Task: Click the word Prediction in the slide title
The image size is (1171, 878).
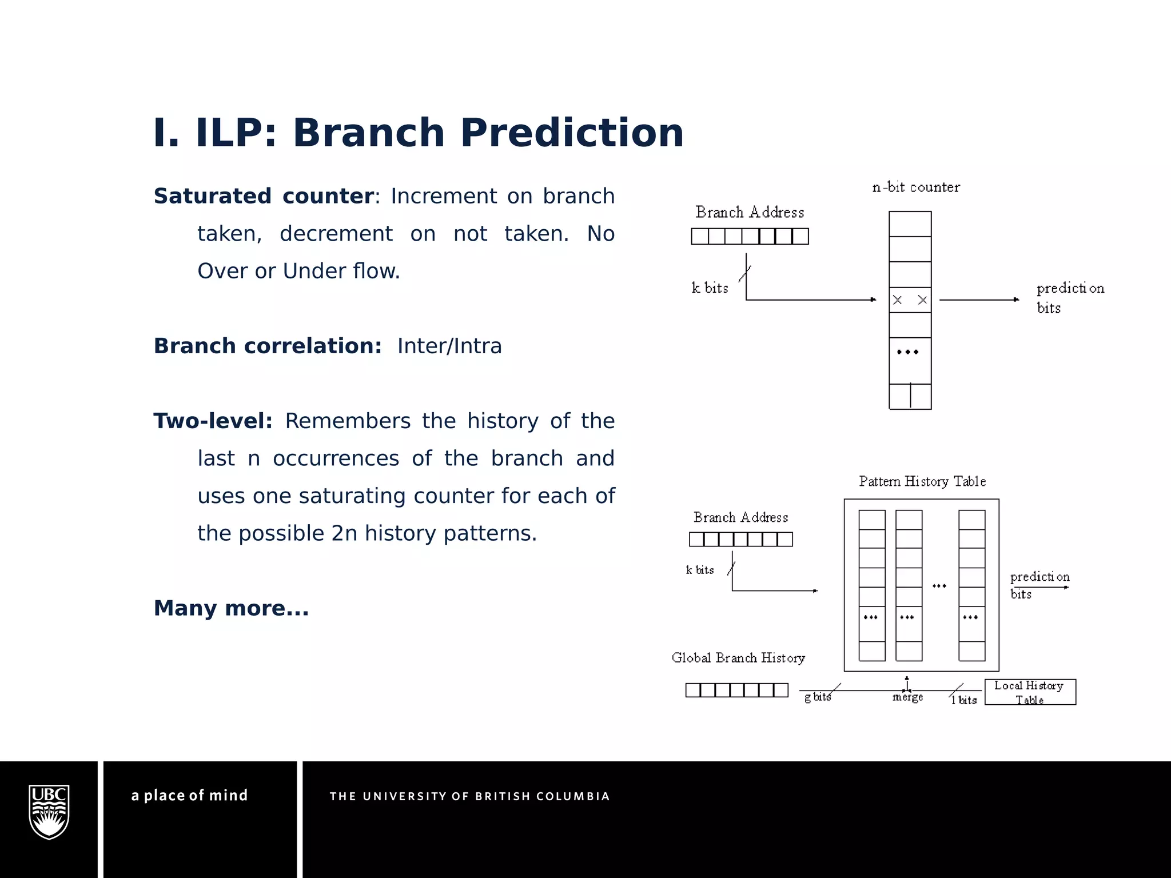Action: [x=572, y=133]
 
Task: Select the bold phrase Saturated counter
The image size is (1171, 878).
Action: [x=264, y=196]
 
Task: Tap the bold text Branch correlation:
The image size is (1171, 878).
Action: [x=268, y=346]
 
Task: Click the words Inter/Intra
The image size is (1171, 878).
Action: [x=449, y=346]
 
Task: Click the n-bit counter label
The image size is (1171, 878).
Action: [x=916, y=187]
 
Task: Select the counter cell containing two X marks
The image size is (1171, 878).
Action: [x=910, y=300]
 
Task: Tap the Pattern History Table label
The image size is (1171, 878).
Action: [x=922, y=481]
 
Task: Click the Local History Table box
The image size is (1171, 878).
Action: [x=1030, y=692]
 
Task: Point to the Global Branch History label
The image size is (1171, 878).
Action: [x=738, y=658]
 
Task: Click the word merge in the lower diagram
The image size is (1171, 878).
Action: [x=907, y=697]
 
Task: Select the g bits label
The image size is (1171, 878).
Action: [x=817, y=697]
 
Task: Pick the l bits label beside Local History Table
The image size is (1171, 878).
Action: [x=964, y=700]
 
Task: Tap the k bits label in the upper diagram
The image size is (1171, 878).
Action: [x=710, y=288]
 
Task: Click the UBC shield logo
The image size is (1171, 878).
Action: [x=49, y=812]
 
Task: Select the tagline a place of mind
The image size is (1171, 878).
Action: [x=190, y=795]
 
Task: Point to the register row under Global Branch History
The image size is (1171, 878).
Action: [x=736, y=690]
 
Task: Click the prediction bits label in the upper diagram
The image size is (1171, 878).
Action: [x=1070, y=298]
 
